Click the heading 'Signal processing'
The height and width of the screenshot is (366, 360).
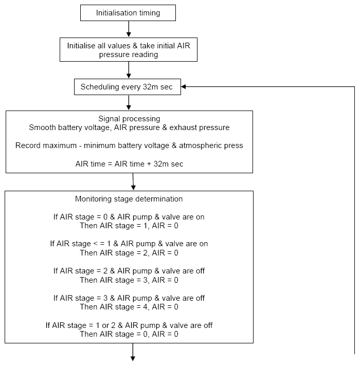pos(129,119)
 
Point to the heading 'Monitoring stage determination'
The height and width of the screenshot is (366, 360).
pos(129,199)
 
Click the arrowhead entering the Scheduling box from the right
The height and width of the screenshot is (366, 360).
pos(184,86)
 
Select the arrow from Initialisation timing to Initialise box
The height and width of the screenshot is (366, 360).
pos(129,29)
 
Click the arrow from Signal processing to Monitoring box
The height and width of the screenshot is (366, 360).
pos(133,181)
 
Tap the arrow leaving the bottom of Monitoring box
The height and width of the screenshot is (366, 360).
pos(133,352)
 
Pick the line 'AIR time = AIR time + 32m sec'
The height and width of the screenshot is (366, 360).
pos(129,164)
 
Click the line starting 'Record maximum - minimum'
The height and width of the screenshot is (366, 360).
pos(129,145)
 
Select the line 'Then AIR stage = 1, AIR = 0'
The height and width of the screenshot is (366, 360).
pos(129,226)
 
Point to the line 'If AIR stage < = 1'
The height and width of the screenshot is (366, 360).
pos(129,244)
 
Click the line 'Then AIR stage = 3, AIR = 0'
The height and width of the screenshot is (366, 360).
pos(129,280)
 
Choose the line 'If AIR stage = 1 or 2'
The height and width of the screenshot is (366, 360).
pos(129,325)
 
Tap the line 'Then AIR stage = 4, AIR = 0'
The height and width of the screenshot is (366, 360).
pos(129,307)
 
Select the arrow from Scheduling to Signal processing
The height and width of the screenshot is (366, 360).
pos(129,102)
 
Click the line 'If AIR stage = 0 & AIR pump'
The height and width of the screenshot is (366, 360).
pos(129,217)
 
